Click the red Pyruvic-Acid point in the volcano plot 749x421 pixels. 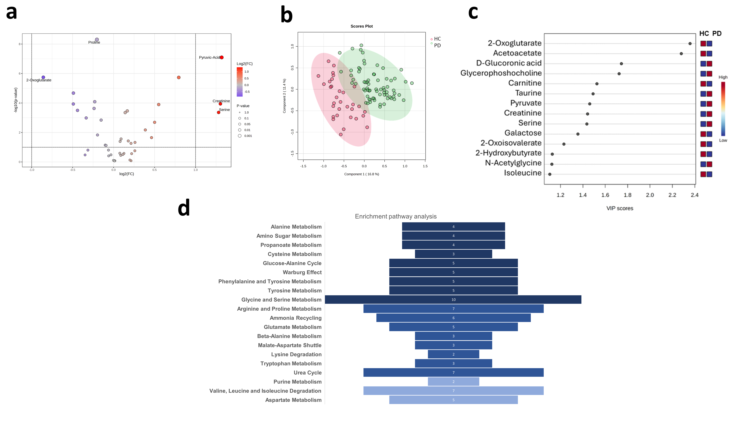pyautogui.click(x=222, y=57)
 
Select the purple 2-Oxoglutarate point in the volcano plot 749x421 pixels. pyautogui.click(x=43, y=77)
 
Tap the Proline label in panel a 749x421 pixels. pyautogui.click(x=94, y=42)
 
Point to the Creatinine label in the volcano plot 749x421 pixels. pyautogui.click(x=221, y=101)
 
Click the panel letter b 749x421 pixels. pyautogui.click(x=286, y=15)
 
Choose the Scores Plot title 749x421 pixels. pyautogui.click(x=361, y=26)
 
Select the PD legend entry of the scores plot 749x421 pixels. pyautogui.click(x=437, y=46)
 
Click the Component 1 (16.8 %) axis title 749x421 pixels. pyautogui.click(x=361, y=174)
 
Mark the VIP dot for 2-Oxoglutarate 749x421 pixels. pyautogui.click(x=690, y=44)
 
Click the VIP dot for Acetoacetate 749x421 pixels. pyautogui.click(x=681, y=54)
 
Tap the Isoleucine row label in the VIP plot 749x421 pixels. pyautogui.click(x=522, y=173)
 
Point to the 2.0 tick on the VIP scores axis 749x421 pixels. pyautogui.click(x=650, y=195)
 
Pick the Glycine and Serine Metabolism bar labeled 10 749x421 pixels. pyautogui.click(x=453, y=300)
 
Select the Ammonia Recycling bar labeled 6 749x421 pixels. pyautogui.click(x=453, y=318)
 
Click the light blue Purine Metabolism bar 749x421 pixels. pyautogui.click(x=453, y=382)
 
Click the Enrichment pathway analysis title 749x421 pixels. pyautogui.click(x=395, y=216)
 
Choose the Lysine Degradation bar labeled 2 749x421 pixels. pyautogui.click(x=453, y=354)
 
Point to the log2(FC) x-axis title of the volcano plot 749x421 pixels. pyautogui.click(x=126, y=174)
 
